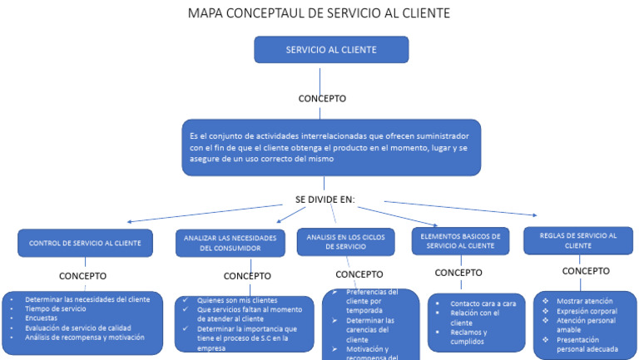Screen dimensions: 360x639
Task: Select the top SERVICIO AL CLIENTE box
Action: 330,50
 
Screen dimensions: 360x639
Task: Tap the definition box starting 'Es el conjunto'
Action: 330,147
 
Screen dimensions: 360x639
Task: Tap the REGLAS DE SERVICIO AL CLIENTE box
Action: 578,240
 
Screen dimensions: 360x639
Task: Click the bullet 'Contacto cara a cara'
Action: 483,303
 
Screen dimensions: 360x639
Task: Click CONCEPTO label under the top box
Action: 321,98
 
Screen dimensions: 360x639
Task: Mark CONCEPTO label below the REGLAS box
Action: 586,271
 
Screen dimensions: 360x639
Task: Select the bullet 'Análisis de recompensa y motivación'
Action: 85,338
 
